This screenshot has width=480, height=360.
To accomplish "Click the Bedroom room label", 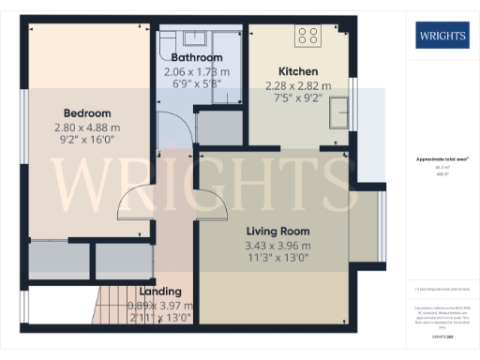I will click(x=82, y=108).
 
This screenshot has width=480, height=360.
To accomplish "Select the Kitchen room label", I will click(x=298, y=71).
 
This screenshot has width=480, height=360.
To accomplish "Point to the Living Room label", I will click(x=277, y=231).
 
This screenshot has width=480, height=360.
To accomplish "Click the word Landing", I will click(x=159, y=292).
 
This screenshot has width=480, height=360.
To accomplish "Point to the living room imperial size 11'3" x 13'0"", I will click(x=277, y=261).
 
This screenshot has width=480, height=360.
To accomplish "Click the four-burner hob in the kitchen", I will click(x=307, y=37).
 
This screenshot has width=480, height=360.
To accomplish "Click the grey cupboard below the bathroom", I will click(x=218, y=127).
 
